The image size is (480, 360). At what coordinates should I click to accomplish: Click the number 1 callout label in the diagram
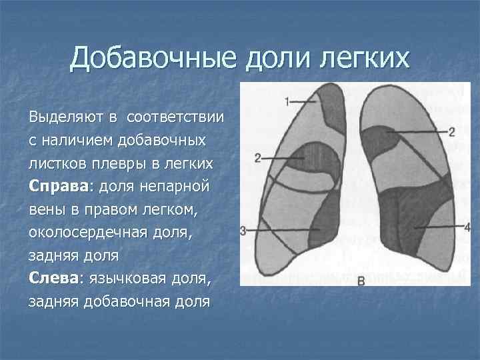286,102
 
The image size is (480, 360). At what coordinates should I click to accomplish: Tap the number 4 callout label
467,227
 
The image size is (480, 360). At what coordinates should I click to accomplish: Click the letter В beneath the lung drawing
361,281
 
